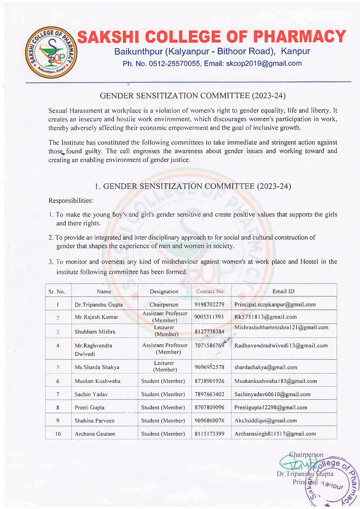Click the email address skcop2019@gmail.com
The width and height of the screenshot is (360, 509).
264,64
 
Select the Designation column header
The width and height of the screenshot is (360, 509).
164,292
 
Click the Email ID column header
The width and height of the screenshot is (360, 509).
283,292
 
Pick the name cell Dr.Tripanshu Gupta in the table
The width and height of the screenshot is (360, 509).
99,305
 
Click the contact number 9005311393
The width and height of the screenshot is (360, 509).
209,317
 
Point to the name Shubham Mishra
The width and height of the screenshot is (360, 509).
95,332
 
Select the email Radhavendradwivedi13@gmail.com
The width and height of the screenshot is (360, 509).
281,346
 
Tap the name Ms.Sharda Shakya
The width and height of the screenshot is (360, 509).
97,368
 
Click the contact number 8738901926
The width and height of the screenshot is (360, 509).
209,381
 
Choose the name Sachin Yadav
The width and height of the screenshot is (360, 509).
91,395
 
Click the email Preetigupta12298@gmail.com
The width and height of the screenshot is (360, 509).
271,408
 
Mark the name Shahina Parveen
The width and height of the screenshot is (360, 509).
94,421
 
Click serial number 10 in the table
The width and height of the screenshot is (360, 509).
58,434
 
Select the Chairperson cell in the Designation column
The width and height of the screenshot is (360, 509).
164,305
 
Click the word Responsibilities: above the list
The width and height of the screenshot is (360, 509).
71,201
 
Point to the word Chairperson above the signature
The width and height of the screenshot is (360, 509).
306,455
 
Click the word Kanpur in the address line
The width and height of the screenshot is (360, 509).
296,51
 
